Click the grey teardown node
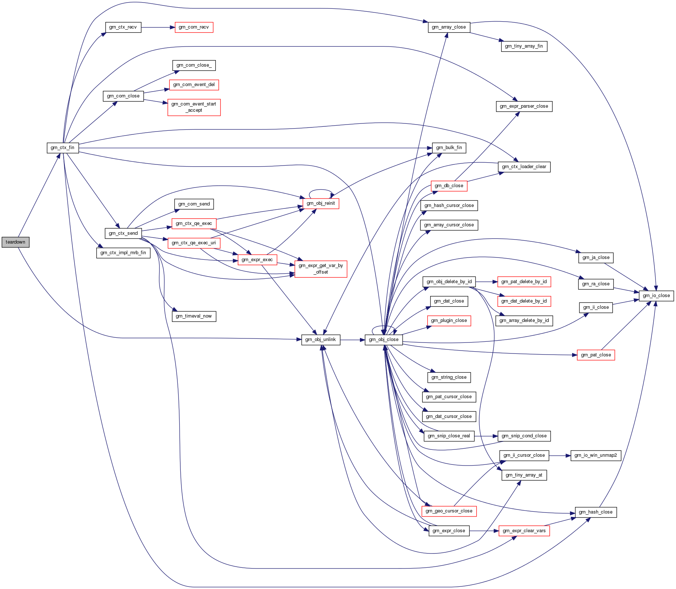(15, 242)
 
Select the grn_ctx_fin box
(63, 148)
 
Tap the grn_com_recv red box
(194, 27)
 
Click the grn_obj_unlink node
(321, 340)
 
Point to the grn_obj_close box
(384, 340)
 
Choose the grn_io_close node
(656, 296)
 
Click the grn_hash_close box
(596, 512)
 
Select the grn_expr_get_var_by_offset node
(321, 269)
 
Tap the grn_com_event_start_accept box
(194, 107)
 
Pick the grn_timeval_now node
(194, 316)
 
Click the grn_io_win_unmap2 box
(596, 455)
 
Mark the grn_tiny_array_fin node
(524, 46)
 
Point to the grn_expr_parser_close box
(524, 106)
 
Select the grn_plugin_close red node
(449, 321)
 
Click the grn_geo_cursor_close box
(449, 511)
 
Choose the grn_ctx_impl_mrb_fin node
(123, 253)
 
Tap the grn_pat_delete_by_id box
(524, 282)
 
